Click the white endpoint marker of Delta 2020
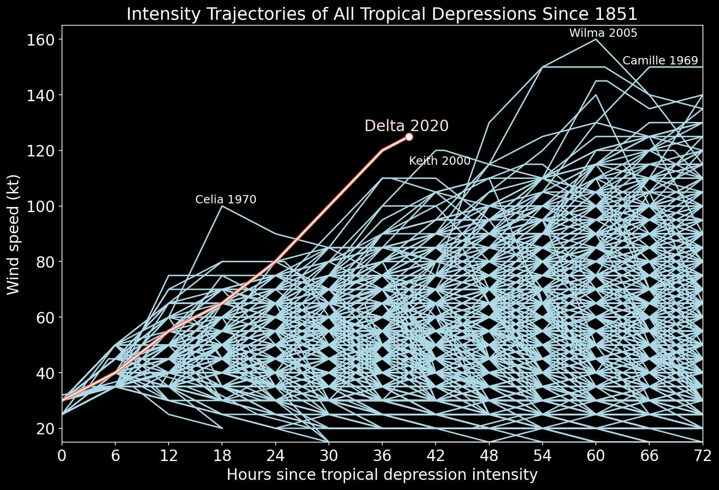point(409,137)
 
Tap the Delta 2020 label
point(406,126)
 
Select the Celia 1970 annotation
point(226,200)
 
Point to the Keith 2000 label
point(439,161)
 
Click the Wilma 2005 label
point(603,33)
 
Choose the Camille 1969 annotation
point(660,61)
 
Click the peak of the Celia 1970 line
point(222,206)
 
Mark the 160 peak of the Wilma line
point(596,40)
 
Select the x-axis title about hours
point(382,475)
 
